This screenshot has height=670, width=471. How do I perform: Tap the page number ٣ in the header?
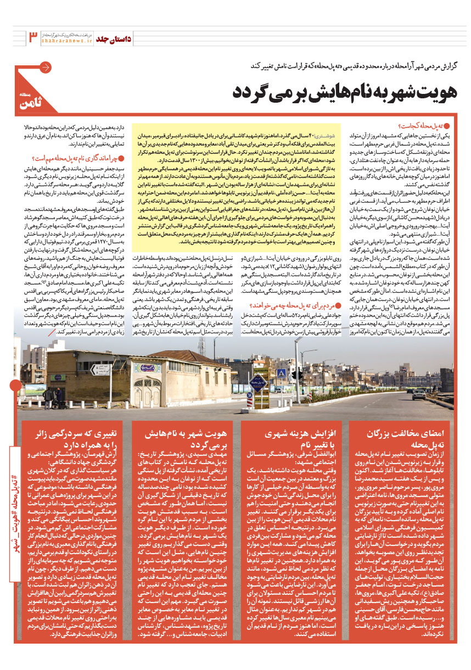coord(32,37)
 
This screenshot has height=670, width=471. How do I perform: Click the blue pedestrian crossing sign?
coord(281,373)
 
